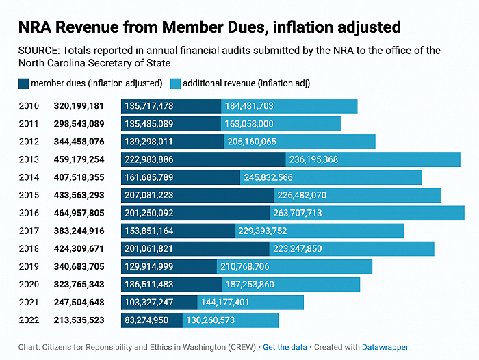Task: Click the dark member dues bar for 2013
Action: coord(203,159)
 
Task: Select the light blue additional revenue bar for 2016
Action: coord(367,213)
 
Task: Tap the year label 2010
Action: coord(29,106)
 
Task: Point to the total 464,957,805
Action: coord(79,213)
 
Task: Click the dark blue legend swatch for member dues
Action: coord(23,83)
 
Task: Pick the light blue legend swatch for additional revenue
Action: coord(176,83)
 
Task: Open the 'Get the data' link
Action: coord(285,347)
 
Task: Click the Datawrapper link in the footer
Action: coord(385,347)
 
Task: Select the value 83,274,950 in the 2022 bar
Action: coord(146,320)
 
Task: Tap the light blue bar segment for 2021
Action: coord(250,303)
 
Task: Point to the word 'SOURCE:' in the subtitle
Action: coord(39,51)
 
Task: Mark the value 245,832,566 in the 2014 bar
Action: coord(268,177)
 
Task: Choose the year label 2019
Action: coord(29,266)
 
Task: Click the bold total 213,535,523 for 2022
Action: coord(79,320)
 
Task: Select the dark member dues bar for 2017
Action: coord(178,231)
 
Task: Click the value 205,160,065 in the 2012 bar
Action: coord(252,142)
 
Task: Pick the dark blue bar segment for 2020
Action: coord(171,285)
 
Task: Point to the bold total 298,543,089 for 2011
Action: coord(79,124)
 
